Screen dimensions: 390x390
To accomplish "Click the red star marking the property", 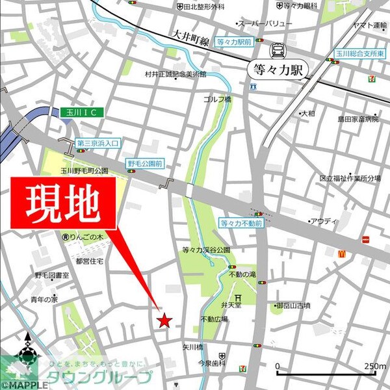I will coord(165,320).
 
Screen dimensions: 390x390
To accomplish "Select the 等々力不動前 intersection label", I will coord(240,222).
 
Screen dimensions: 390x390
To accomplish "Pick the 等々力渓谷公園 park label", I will coord(207,250).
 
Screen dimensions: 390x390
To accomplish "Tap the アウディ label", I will coord(324,222).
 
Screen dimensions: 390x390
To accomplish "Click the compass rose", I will coord(27,354).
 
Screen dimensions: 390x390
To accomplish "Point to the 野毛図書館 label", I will coord(57,276).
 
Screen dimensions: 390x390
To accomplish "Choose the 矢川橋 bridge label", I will coord(193,346).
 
